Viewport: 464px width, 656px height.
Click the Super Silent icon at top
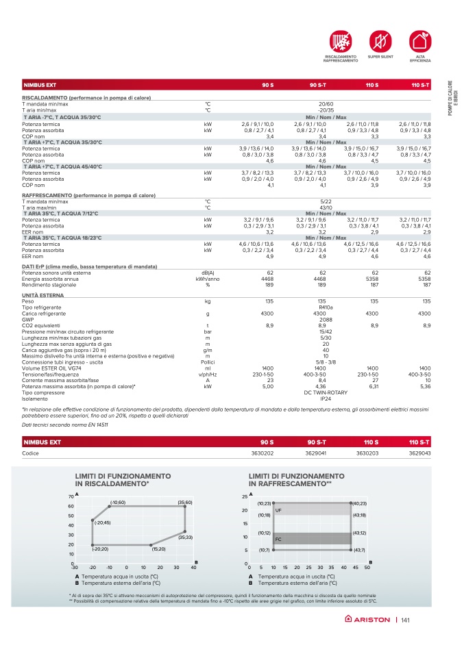click(x=380, y=40)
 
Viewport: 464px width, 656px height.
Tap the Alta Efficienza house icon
click(x=419, y=40)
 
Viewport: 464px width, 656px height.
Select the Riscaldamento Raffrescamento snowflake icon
click(x=340, y=40)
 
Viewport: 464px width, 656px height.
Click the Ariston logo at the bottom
click(x=367, y=620)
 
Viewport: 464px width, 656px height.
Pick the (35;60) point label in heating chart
click(x=185, y=503)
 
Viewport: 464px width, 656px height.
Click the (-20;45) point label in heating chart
click(x=101, y=522)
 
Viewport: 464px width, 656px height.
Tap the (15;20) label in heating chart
click(x=159, y=548)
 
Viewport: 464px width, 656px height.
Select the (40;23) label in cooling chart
click(x=359, y=503)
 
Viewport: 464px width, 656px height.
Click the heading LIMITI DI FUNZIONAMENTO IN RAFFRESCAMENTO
click(x=291, y=479)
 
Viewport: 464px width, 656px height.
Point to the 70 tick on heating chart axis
click(x=71, y=496)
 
